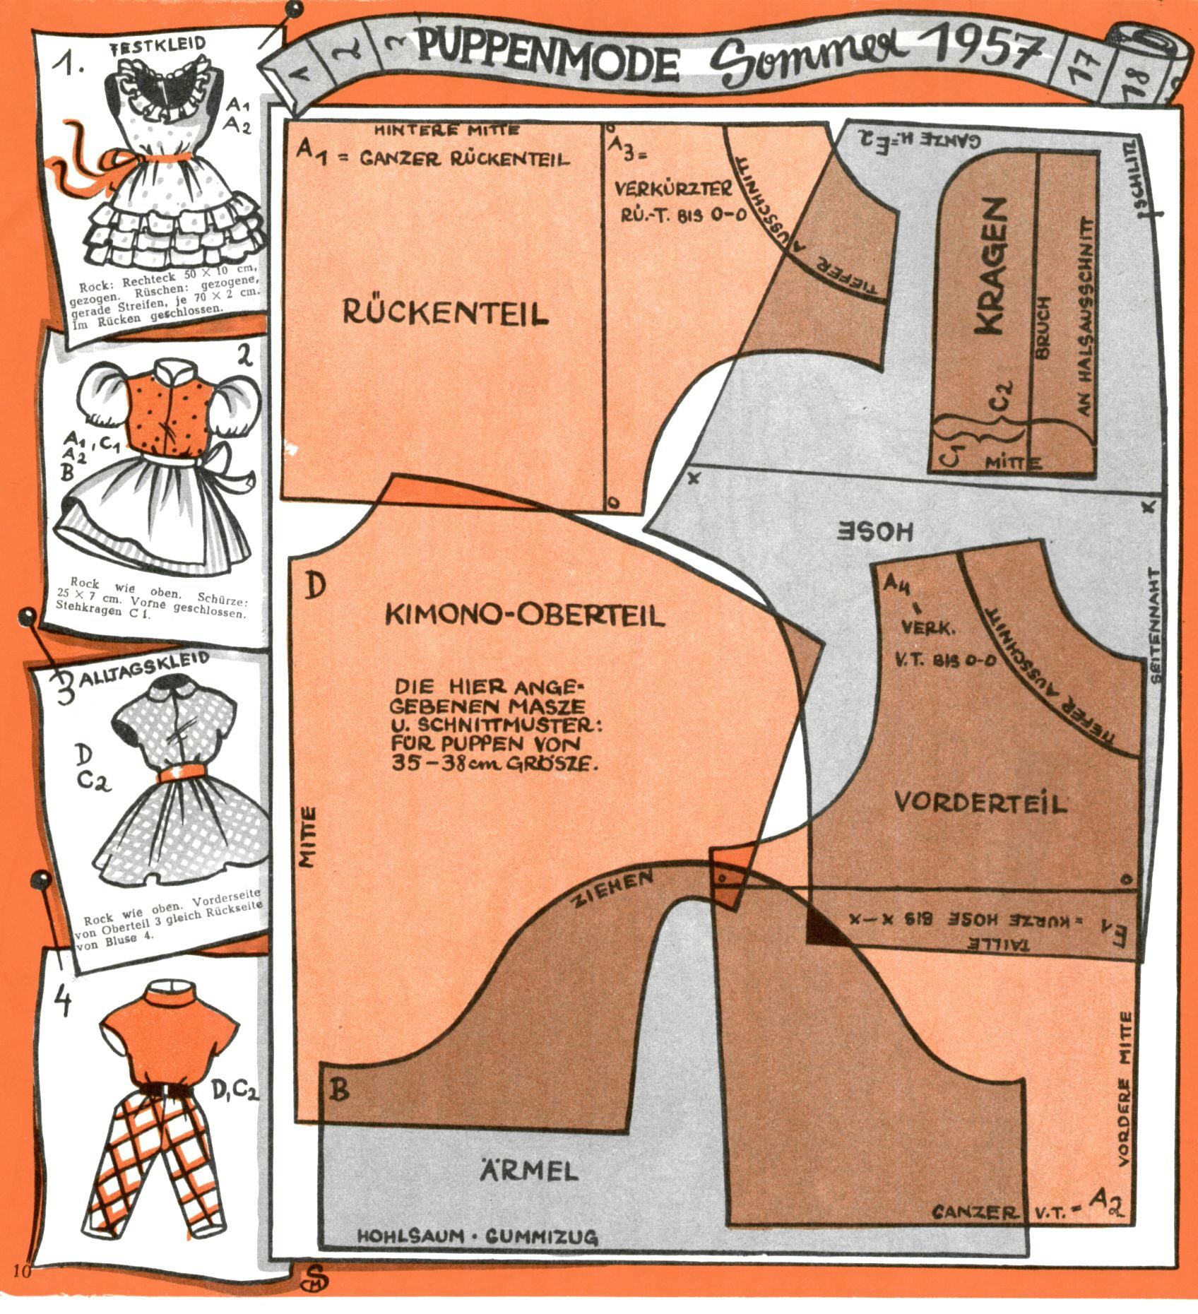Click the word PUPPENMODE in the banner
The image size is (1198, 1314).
coord(547,56)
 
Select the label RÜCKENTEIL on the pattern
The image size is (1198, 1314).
coord(445,312)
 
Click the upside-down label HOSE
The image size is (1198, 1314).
coord(875,531)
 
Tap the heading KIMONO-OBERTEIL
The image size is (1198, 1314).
coord(524,615)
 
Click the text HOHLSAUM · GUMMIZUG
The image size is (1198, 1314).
coord(478,1237)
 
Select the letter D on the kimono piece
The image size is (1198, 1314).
coord(314,586)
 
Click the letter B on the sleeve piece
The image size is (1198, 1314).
coord(340,1090)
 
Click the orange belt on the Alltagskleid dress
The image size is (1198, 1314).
coord(182,776)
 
